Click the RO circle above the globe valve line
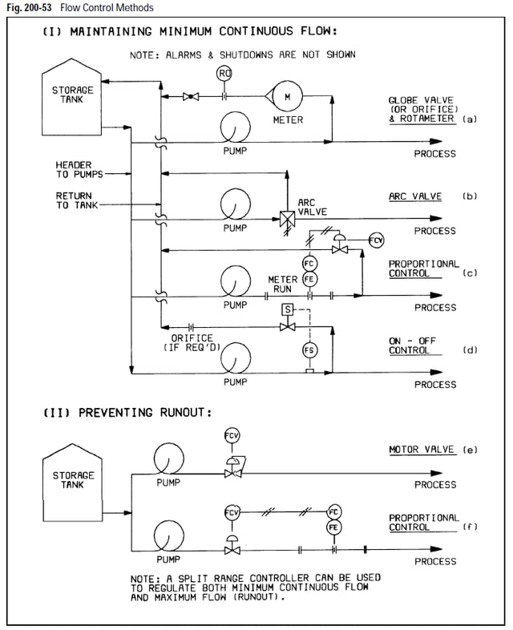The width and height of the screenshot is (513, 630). (x=224, y=75)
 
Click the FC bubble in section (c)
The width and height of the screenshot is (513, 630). (x=309, y=264)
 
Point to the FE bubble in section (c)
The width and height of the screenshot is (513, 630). (x=309, y=279)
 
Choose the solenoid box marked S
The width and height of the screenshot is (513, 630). (x=287, y=309)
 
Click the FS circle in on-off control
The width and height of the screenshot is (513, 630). (x=309, y=350)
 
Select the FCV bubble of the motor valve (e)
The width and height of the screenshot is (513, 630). (x=231, y=435)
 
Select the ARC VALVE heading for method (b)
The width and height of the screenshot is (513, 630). (x=415, y=196)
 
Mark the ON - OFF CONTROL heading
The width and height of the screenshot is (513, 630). (x=414, y=345)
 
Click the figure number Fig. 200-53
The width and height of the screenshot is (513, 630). (x=26, y=7)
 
